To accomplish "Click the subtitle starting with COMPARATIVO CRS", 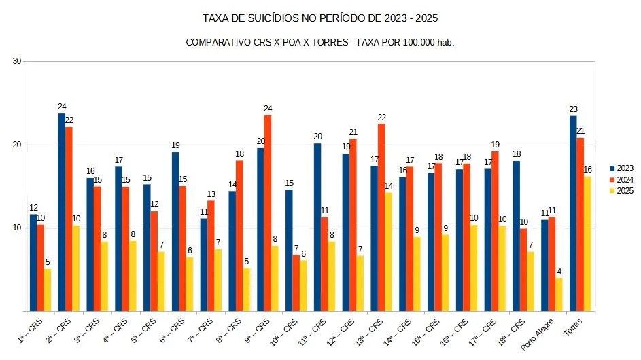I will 319,42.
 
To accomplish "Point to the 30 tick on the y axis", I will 17,61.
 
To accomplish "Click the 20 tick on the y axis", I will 17,145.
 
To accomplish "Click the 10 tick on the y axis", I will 17,228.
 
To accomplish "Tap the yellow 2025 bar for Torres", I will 587,245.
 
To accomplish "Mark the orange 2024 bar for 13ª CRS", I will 381,217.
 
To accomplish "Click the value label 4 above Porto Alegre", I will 559,272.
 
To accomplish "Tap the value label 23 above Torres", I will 573,109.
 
